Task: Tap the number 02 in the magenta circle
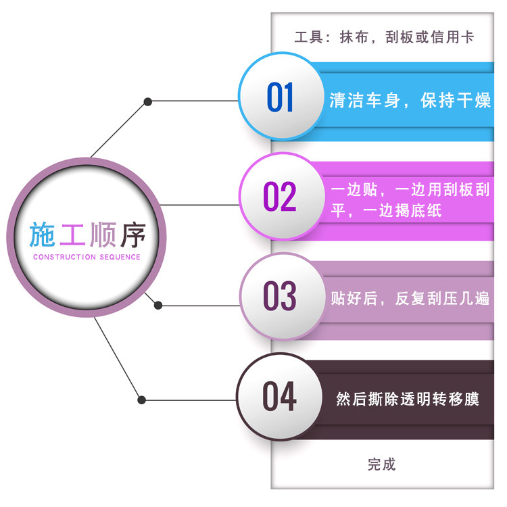280,197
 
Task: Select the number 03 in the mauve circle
280,297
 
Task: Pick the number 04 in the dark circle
280,397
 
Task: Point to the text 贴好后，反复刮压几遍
410,298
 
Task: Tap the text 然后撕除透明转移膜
408,399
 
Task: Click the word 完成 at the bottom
381,464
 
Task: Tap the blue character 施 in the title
43,234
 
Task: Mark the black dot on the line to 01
147,102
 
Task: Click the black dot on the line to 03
158,305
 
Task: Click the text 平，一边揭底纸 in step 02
386,211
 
